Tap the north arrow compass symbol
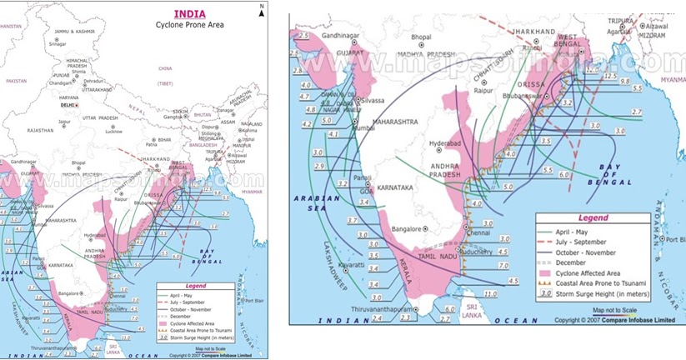261,11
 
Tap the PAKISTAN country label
16,82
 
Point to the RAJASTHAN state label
39,131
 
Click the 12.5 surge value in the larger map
593,72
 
